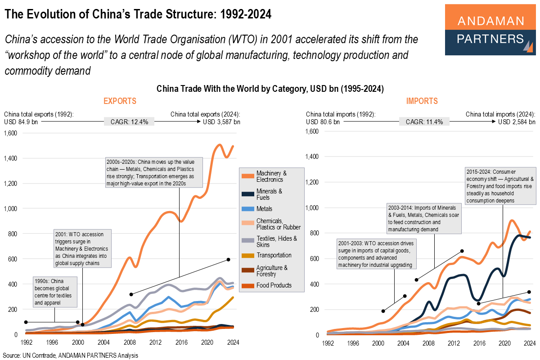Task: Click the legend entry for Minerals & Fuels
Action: pos(269,194)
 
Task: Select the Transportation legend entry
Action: pos(274,255)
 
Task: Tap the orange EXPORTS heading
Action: pos(120,101)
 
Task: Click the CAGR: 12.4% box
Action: pos(129,122)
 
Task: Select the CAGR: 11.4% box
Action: pos(424,122)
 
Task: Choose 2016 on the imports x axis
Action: pos(478,342)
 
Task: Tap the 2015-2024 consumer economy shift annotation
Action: pos(500,186)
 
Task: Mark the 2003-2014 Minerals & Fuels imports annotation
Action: pos(424,219)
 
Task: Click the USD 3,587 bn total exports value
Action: pos(221,122)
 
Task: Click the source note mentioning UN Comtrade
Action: pos(70,355)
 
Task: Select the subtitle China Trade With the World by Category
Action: pos(270,89)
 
